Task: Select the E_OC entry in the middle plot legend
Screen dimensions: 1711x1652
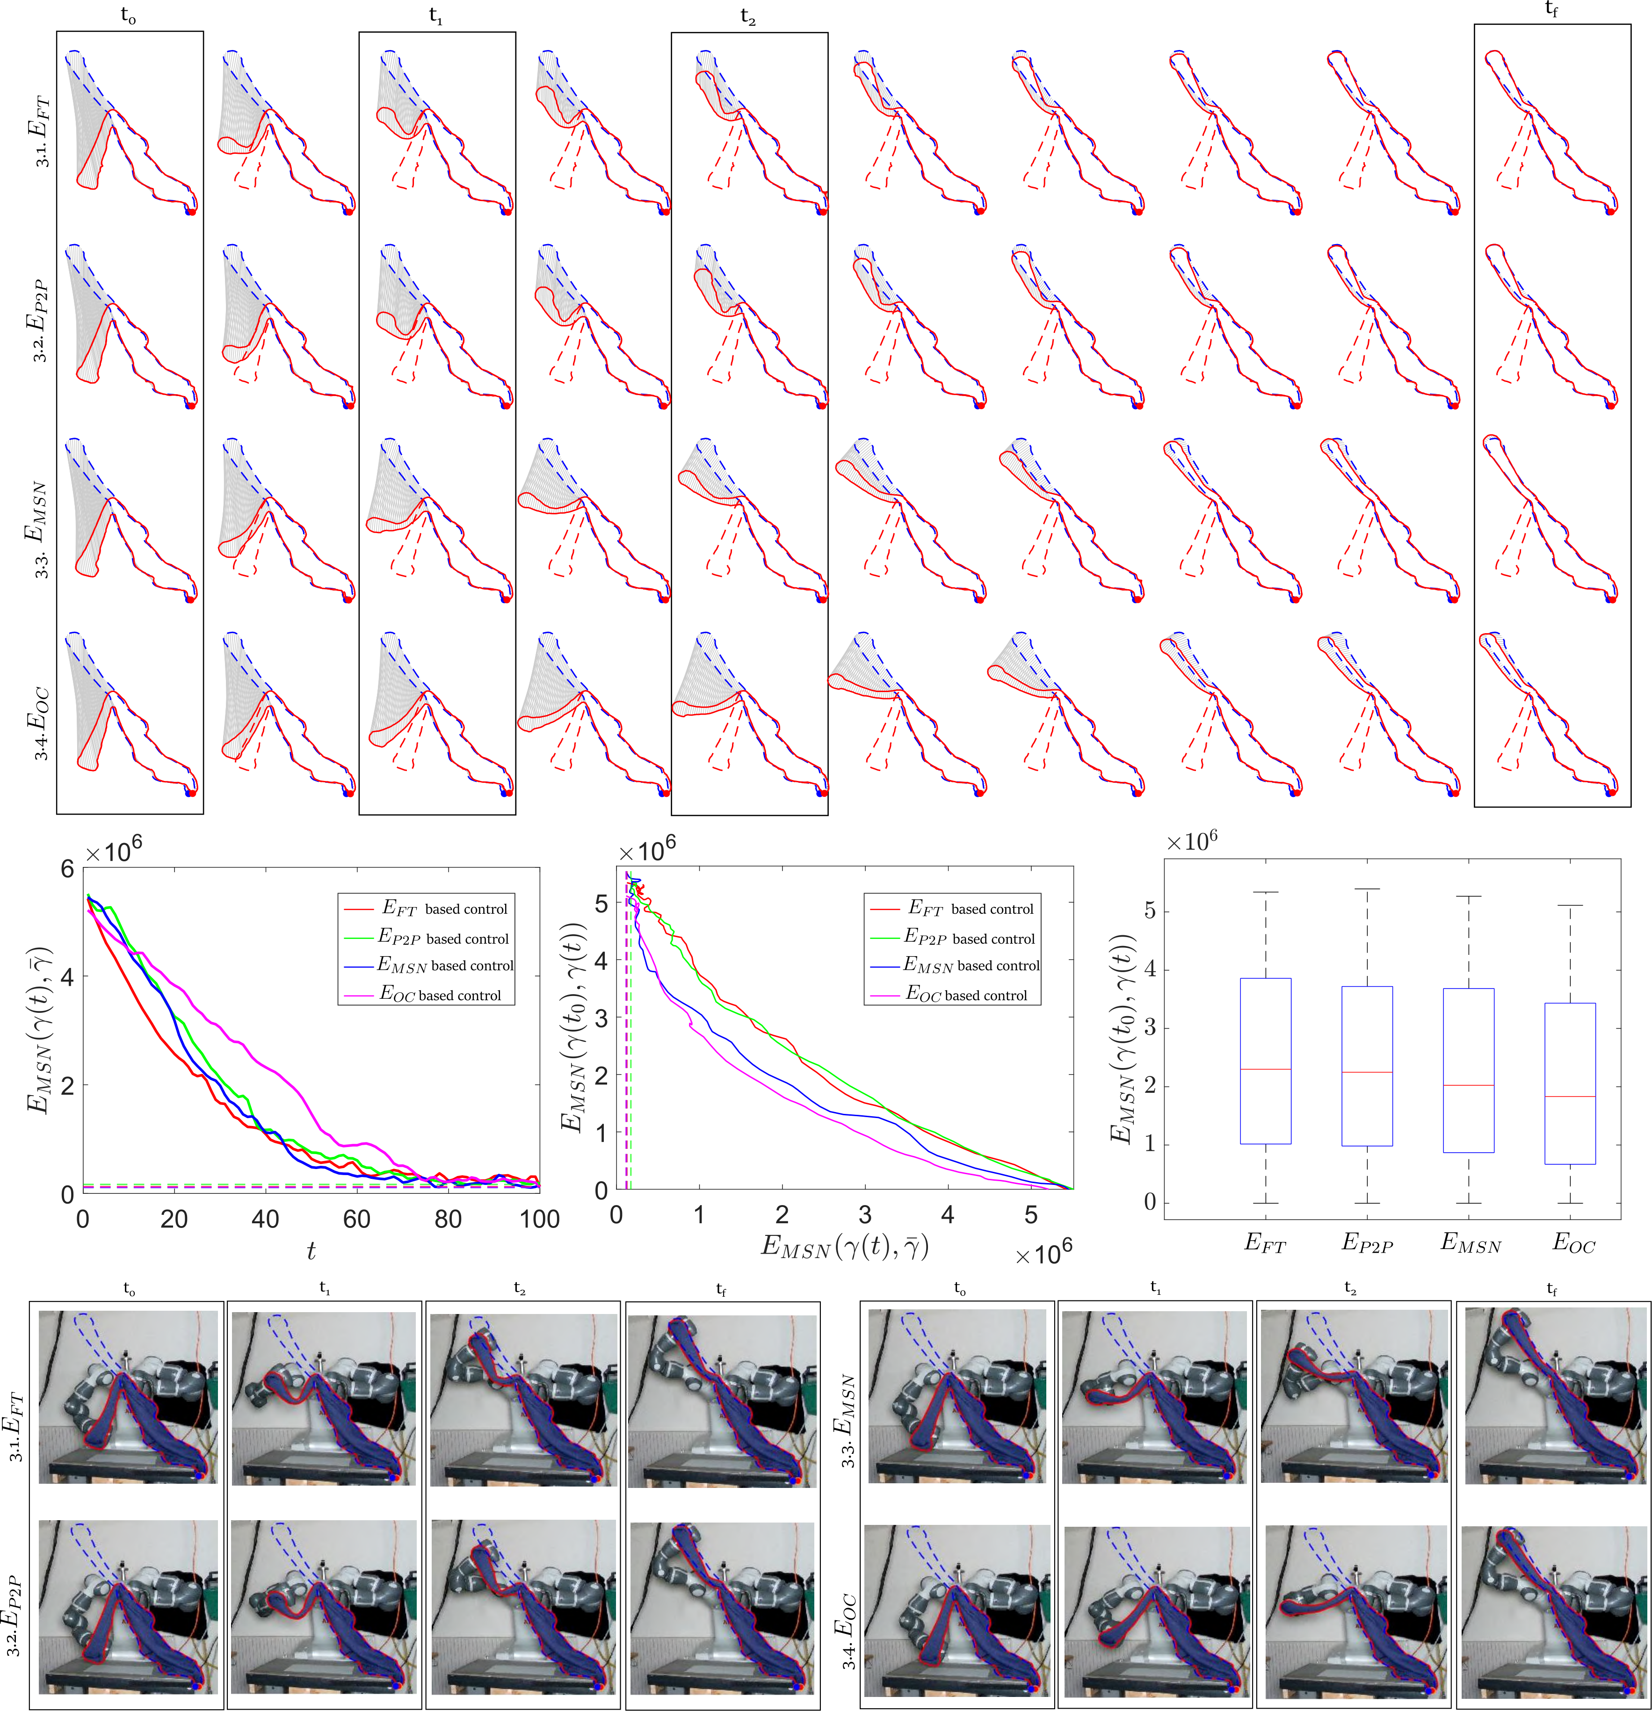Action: click(x=967, y=994)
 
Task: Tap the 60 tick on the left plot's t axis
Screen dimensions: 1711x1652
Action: click(x=356, y=1220)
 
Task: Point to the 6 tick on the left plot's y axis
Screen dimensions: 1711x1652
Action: click(x=67, y=869)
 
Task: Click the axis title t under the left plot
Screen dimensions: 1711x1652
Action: click(x=311, y=1251)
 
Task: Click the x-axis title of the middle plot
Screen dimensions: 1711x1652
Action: click(x=844, y=1246)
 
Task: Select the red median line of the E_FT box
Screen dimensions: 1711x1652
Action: click(x=1265, y=1069)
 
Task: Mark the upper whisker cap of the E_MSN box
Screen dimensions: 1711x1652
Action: click(x=1470, y=896)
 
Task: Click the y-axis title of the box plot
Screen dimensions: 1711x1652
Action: click(x=1122, y=1039)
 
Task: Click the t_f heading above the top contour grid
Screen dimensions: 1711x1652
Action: click(x=1551, y=10)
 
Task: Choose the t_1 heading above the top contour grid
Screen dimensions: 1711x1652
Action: click(x=436, y=16)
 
